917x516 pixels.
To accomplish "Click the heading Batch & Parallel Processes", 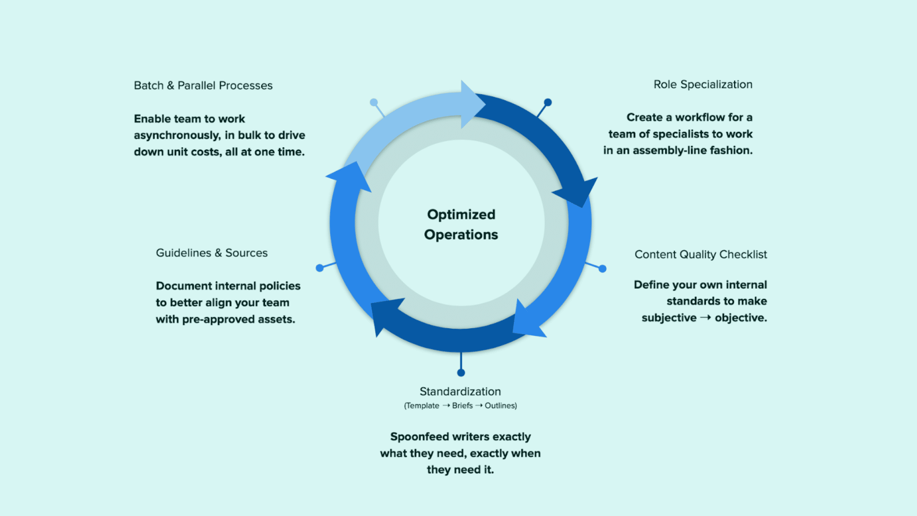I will (203, 86).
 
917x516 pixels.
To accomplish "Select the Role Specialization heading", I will (703, 85).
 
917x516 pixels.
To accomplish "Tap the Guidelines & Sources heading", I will (212, 253).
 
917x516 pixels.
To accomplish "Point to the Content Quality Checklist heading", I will (701, 255).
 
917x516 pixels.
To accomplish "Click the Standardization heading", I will (460, 392).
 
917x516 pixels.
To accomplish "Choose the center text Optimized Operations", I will (461, 225).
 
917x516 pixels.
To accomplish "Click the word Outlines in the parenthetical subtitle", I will (500, 406).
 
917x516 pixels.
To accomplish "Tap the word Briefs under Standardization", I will (462, 406).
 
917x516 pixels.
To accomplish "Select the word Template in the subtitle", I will (422, 406).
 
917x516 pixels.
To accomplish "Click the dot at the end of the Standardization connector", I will (461, 373).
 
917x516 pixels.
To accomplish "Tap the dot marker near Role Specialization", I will (548, 102).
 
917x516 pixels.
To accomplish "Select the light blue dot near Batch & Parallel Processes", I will (374, 102).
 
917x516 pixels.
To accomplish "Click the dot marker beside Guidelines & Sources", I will (320, 268).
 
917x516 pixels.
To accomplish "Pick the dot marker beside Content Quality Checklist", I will (603, 269).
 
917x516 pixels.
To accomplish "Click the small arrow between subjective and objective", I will (705, 318).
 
